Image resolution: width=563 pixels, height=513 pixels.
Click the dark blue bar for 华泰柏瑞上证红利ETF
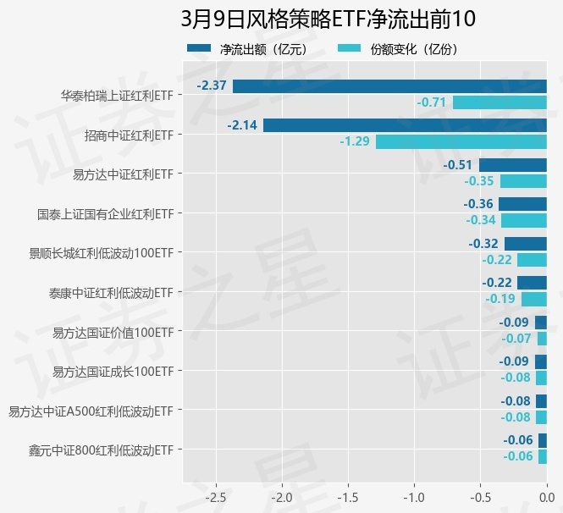point(389,85)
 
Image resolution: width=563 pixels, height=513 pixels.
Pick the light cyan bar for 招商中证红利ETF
point(461,141)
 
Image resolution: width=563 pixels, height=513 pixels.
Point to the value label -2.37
point(212,85)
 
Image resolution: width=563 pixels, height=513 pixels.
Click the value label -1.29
point(355,141)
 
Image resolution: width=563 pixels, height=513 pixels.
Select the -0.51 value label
point(458,164)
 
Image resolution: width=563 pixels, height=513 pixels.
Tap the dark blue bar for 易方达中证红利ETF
point(513,164)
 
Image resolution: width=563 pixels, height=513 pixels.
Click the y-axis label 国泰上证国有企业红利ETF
point(106,214)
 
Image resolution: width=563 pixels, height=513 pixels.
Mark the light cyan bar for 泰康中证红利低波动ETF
point(534,299)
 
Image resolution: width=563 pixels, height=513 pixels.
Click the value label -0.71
point(431,102)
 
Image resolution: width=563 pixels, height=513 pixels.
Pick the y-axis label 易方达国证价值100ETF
point(113,332)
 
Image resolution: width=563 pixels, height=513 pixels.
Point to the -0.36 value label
point(478,204)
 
